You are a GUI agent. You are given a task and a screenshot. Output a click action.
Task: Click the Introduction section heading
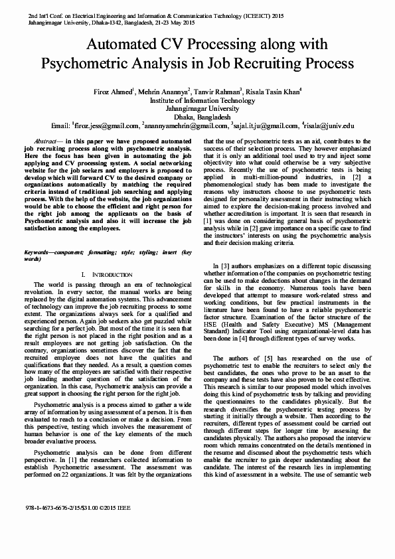click(106, 274)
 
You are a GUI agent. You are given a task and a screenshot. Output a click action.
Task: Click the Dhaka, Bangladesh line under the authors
click(197, 116)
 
